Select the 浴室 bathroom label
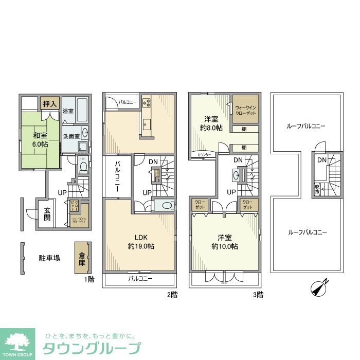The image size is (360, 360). point(68,111)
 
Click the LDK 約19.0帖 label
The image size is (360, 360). point(141,242)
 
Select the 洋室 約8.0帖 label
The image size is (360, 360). point(211,123)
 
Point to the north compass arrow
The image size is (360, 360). point(319,289)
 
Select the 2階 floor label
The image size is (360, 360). point(172,295)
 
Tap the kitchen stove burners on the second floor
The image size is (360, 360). point(146,102)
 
